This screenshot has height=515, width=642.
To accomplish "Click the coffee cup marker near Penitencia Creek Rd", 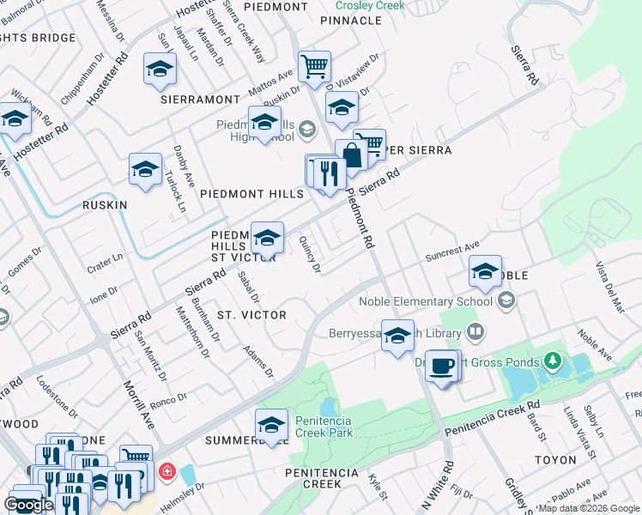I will coord(442,367).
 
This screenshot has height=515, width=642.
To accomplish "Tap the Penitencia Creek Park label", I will coord(324,427).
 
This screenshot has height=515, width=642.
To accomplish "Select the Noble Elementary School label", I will coord(426,301).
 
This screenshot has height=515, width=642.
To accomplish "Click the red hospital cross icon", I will coord(165,472).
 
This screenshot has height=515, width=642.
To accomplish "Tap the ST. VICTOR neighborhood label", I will coord(251,315).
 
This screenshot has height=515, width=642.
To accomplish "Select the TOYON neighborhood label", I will coord(555,460).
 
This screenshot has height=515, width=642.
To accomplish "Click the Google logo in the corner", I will coord(28,505).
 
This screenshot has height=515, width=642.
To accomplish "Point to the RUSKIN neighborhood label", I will coord(105,205).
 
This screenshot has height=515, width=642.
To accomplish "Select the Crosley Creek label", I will coord(370,5).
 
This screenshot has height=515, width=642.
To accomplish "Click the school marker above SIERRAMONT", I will coord(160,70).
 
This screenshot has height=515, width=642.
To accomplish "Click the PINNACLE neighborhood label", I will coord(350,20).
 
